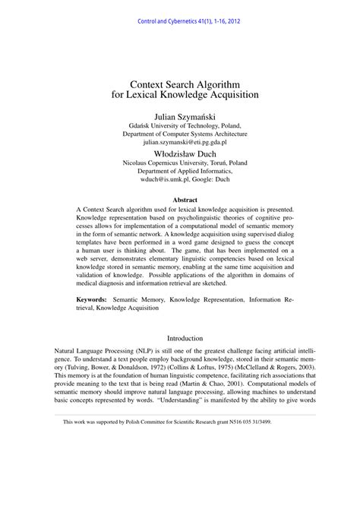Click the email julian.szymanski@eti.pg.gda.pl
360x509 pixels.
(x=180, y=141)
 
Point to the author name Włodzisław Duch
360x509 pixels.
(x=180, y=153)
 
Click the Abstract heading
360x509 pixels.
(x=180, y=200)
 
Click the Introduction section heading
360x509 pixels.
(x=180, y=338)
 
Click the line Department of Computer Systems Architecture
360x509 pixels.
(x=180, y=132)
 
